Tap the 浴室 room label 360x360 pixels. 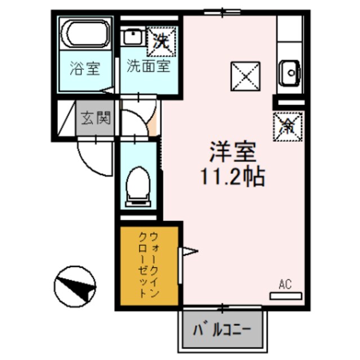click(x=85, y=70)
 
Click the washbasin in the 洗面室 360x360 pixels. click(x=134, y=39)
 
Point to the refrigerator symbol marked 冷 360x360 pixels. click(x=287, y=125)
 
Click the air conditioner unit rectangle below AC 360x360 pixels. click(x=286, y=295)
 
